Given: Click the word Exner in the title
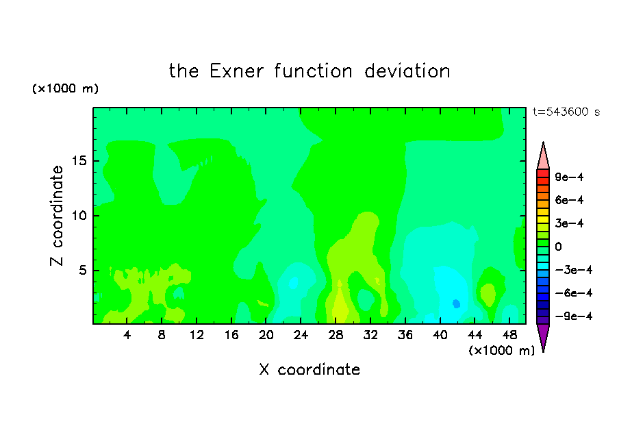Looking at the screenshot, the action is coord(236,71).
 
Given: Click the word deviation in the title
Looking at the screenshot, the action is coord(407,71).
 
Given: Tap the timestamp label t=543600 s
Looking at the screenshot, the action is coord(566,112).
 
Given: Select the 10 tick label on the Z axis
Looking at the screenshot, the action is coord(79,216).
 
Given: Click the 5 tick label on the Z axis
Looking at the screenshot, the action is coord(83,270).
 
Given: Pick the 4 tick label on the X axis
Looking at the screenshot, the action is coord(127,335).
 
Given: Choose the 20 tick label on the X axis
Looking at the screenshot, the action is coord(266,335).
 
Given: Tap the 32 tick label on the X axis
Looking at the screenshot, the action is coord(370,335).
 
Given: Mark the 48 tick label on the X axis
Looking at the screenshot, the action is coord(509,335).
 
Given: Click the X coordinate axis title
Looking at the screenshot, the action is coord(309,369).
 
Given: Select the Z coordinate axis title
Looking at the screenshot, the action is coord(57,215).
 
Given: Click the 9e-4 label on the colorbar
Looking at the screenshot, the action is coord(569,177).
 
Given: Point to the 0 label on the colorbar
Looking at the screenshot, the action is coord(558,247).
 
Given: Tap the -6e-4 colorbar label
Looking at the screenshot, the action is coord(574,293).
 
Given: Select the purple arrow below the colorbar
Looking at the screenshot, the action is coord(543,336).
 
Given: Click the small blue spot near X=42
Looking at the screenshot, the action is coord(456,303).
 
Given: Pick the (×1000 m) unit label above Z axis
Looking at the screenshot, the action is coord(65,88).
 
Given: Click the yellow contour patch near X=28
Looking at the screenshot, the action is coord(340,304).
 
